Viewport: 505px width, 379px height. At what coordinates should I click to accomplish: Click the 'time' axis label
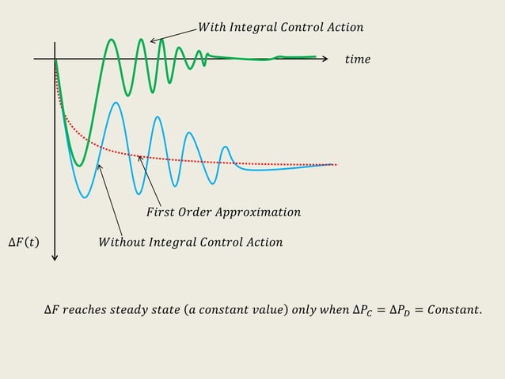click(357, 59)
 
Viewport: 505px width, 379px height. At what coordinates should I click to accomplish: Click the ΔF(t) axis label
click(23, 242)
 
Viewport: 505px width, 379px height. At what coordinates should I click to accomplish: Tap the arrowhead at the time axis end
click(325, 59)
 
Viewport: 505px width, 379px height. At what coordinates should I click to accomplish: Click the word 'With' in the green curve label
click(211, 28)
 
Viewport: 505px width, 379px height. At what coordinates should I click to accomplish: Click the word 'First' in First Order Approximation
click(161, 212)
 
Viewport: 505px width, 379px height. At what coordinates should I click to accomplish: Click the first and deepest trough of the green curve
click(78, 165)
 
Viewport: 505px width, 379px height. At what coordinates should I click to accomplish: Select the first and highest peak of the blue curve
click(116, 102)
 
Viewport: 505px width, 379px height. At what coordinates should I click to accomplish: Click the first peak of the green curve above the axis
click(112, 40)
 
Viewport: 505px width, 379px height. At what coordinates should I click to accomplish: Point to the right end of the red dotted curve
click(336, 165)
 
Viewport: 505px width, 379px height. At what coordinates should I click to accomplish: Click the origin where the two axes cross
click(55, 59)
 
